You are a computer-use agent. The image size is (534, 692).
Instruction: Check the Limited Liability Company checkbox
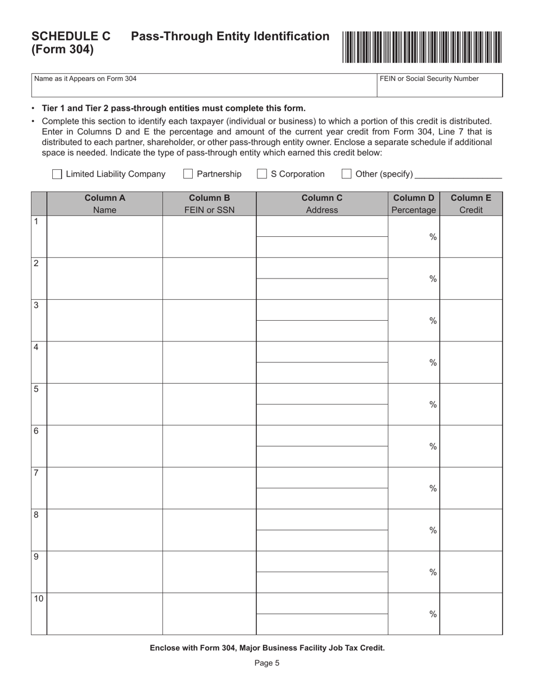coord(57,174)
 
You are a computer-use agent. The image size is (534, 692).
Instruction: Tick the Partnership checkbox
coord(188,174)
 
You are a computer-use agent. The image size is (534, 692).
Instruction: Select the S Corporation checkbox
coord(262,174)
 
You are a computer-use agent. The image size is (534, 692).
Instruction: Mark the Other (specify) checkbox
coord(347,174)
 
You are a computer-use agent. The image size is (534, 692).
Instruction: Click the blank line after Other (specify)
coord(458,174)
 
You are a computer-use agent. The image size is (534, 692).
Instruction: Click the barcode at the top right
coord(422,47)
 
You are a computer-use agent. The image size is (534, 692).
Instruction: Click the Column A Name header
coord(105,204)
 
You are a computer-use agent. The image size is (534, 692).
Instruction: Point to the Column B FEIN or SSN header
coord(209,204)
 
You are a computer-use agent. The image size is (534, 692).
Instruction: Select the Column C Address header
coord(322,204)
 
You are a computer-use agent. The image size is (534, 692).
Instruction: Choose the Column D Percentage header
coord(414,204)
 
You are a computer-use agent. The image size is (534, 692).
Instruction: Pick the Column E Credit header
coord(471,204)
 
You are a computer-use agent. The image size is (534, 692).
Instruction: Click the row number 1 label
coord(37,222)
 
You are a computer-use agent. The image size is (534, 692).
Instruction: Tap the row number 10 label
coord(38,599)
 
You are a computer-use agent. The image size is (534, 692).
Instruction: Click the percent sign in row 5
coord(433,405)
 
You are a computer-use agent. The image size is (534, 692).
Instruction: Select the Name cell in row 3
coord(105,321)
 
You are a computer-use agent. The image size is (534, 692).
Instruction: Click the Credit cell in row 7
coord(471,488)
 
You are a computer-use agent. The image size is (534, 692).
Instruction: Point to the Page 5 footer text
coord(267,663)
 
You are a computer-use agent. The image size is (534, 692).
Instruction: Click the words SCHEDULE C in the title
coord(71,37)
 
